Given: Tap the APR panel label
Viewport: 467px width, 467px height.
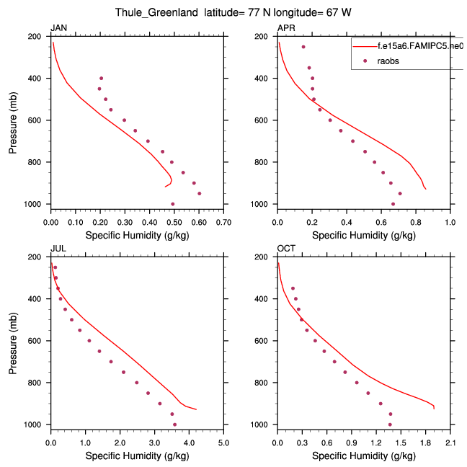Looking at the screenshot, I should [285, 28].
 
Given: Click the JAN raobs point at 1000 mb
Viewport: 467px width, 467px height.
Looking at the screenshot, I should [173, 204].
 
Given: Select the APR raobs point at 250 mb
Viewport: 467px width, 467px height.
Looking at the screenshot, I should [303, 47].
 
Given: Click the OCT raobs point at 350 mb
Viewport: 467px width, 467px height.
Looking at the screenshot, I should [293, 288].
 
